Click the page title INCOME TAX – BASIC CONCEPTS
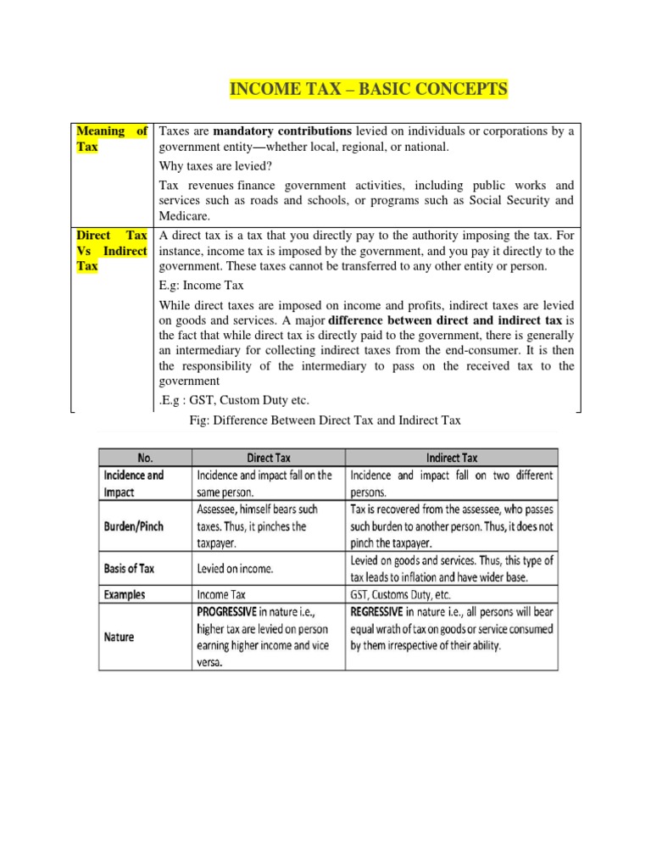[x=368, y=89]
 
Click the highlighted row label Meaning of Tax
[x=112, y=139]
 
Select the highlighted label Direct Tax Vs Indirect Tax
[x=112, y=250]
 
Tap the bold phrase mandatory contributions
[x=282, y=131]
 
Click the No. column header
[x=145, y=458]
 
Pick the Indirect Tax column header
[x=452, y=458]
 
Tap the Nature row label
[x=120, y=637]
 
